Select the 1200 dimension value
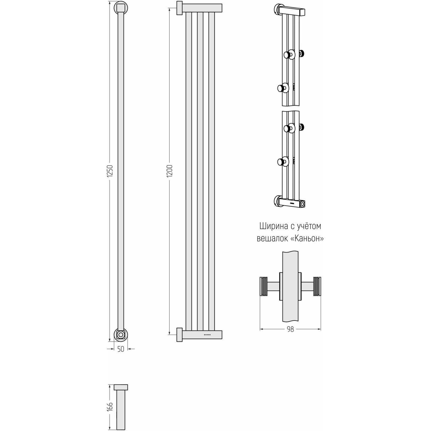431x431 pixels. pos(170,171)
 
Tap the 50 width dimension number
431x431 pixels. pos(121,349)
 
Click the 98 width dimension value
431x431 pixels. pos(290,329)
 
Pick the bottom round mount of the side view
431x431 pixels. pos(121,335)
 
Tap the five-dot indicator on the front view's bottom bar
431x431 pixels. pos(207,335)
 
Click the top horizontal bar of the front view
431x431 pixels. pos(202,8)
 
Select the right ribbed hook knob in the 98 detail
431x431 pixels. pos(317,287)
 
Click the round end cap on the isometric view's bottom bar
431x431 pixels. pos(303,204)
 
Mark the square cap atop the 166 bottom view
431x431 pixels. pos(121,387)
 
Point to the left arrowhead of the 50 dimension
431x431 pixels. pos(112,349)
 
